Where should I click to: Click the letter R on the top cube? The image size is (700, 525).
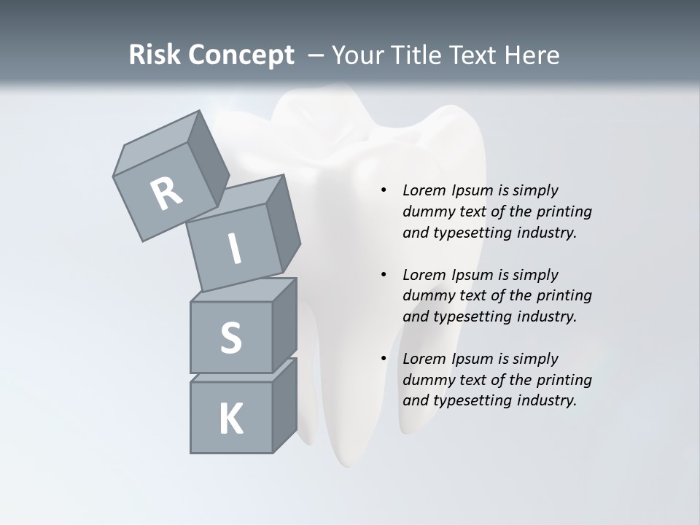(x=166, y=194)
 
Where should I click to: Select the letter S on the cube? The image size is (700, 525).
(x=230, y=338)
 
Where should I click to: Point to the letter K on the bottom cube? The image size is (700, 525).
(x=230, y=419)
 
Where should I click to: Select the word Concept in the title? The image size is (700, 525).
(x=241, y=55)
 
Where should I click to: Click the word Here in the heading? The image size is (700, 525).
(x=532, y=55)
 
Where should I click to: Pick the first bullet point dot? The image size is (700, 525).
(x=384, y=190)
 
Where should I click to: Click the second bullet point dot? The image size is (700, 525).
(x=384, y=275)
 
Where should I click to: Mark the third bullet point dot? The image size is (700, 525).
(x=384, y=359)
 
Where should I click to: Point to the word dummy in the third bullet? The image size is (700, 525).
(x=427, y=380)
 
